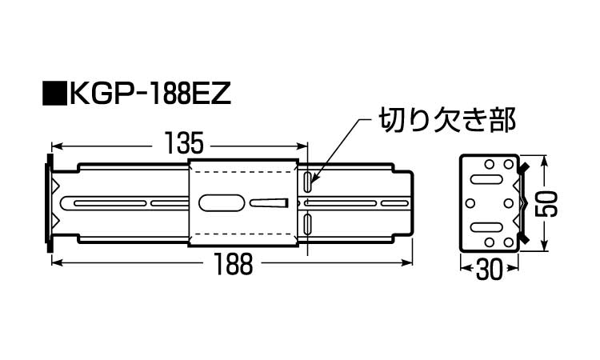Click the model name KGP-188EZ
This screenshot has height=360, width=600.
click(148, 94)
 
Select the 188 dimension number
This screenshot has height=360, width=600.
click(233, 262)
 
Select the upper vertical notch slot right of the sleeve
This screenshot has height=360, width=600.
click(308, 181)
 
